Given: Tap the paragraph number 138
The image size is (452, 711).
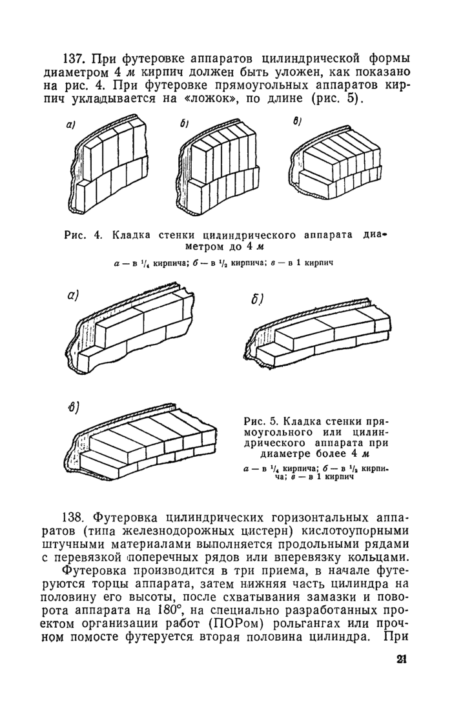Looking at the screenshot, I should [x=74, y=517].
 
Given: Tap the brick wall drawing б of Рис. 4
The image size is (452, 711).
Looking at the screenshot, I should [x=220, y=168].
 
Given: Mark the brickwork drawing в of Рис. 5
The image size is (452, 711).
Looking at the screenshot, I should [x=141, y=444].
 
